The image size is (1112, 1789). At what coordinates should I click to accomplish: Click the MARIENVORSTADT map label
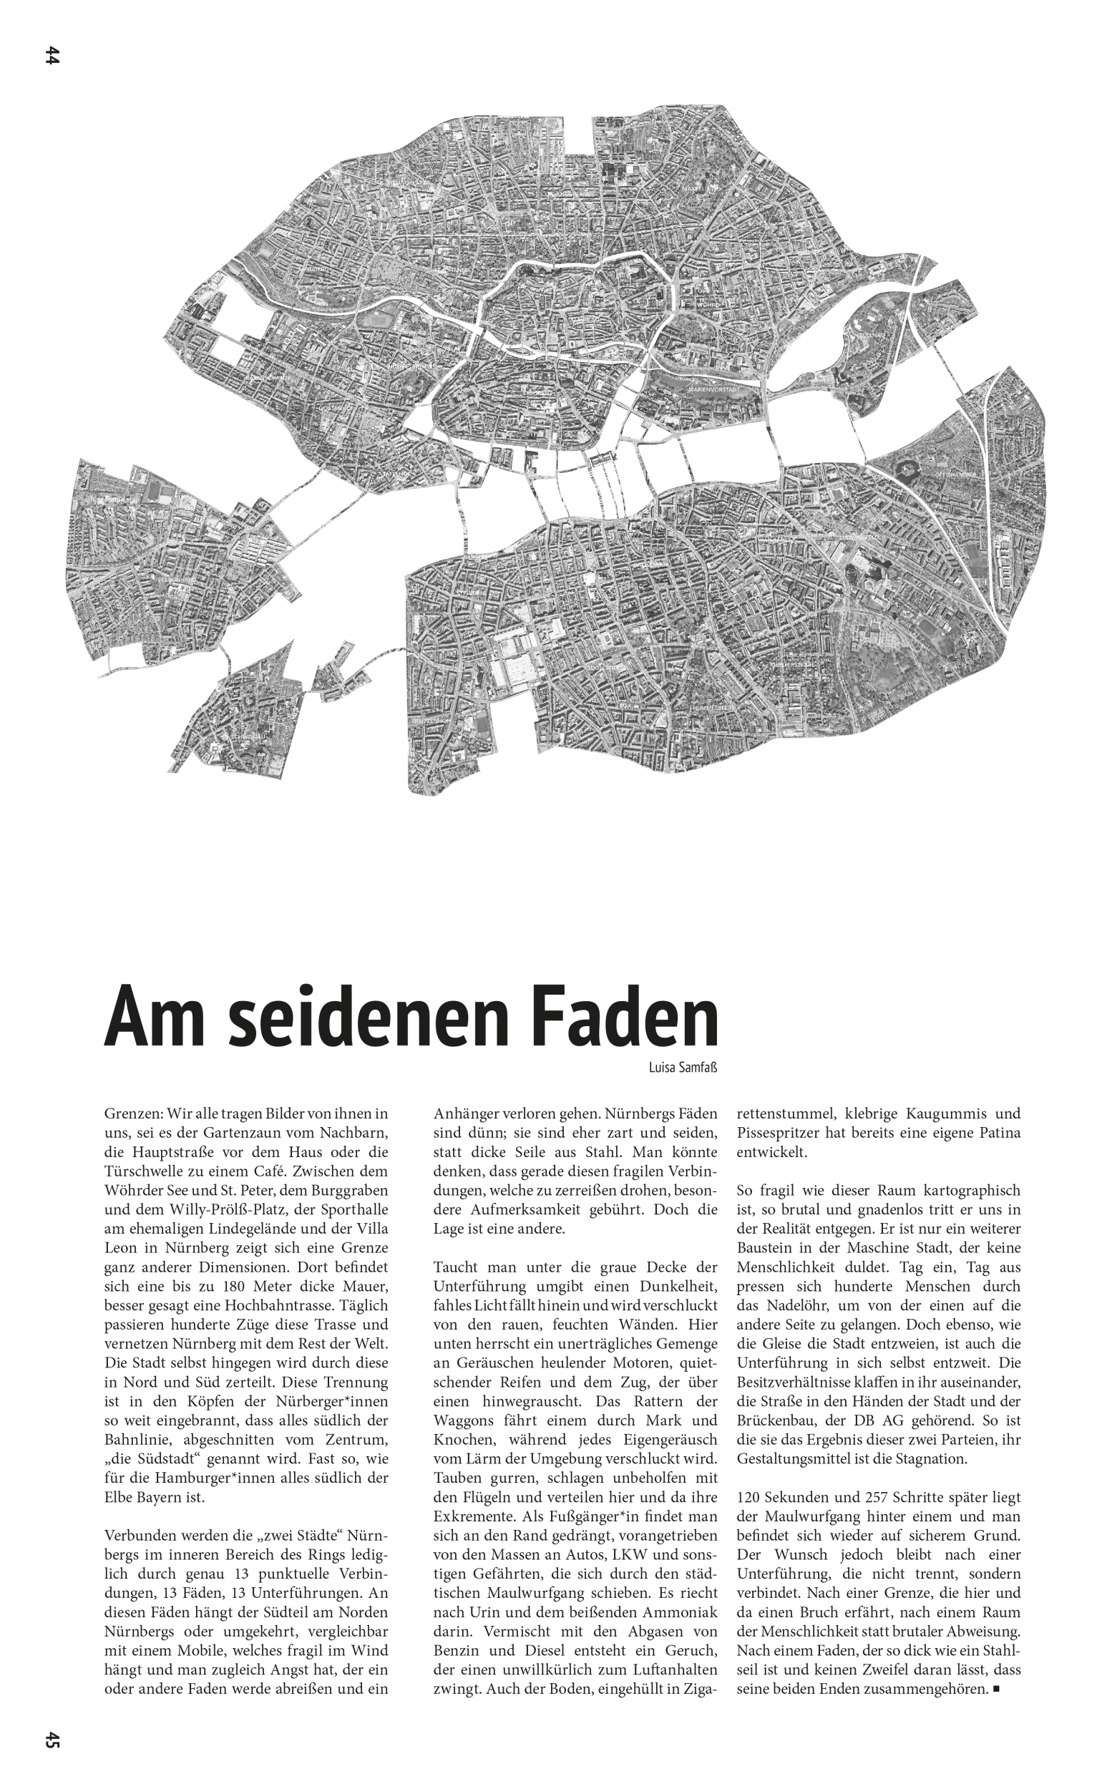[713, 389]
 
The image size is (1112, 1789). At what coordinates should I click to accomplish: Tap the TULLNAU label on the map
[873, 336]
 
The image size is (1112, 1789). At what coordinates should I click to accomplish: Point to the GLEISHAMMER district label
[955, 475]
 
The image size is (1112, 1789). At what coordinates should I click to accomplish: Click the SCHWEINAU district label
[247, 736]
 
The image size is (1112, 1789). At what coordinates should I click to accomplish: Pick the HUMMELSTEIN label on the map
[712, 707]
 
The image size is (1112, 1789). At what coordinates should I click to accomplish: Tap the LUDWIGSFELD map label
[858, 537]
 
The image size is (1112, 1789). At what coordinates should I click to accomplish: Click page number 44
[52, 56]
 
